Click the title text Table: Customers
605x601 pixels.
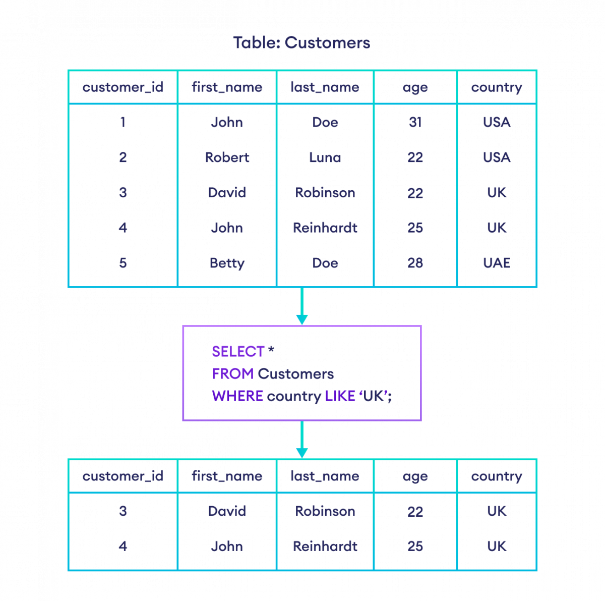(301, 43)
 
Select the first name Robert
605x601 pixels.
(227, 157)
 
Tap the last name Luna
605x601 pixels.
(325, 157)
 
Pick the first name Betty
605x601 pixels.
(227, 263)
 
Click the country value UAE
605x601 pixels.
(497, 263)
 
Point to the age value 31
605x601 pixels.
(415, 122)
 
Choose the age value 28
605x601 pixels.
(415, 263)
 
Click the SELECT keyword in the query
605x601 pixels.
(238, 351)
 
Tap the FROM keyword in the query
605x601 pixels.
(232, 374)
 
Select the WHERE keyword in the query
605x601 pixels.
(237, 396)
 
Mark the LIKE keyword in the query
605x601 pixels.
(340, 396)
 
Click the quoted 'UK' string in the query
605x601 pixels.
(375, 396)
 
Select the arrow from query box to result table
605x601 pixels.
(302, 440)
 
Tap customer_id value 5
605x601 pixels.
(123, 263)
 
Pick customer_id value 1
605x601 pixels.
(123, 122)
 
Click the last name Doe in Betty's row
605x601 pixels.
(325, 263)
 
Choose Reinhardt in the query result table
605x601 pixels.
(325, 546)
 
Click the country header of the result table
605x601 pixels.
(497, 476)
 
